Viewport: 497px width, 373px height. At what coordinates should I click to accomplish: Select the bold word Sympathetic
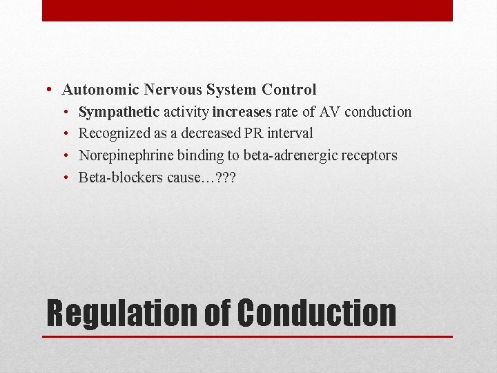tap(119, 112)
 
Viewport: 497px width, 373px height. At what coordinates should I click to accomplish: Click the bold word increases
tap(242, 112)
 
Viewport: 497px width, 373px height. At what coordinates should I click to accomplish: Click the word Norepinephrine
tap(126, 155)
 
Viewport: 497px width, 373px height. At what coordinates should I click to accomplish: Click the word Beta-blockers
tap(120, 178)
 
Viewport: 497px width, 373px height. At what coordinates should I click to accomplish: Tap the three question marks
tap(226, 178)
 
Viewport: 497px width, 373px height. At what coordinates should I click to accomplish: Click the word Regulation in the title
tap(121, 312)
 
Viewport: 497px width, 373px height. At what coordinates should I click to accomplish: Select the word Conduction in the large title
tap(317, 312)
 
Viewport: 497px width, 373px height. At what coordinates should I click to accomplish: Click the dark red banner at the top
tap(247, 10)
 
